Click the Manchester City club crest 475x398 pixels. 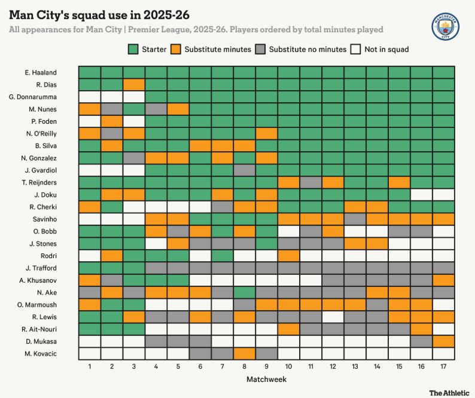(446, 26)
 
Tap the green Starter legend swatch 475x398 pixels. (133, 49)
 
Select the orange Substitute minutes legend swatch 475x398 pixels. (176, 49)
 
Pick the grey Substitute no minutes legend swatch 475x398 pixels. (261, 49)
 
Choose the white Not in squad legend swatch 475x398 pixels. (356, 49)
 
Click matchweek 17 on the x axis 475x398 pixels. (443, 365)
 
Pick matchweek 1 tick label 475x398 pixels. (89, 365)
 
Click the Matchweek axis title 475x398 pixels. (266, 379)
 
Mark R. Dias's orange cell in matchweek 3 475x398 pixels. (133, 84)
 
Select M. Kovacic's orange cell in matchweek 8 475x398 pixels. (244, 353)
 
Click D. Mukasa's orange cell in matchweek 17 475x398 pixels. (443, 341)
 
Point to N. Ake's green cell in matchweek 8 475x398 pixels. (244, 292)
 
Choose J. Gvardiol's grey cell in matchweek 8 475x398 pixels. (244, 170)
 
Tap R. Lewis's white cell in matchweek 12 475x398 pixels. (333, 316)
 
